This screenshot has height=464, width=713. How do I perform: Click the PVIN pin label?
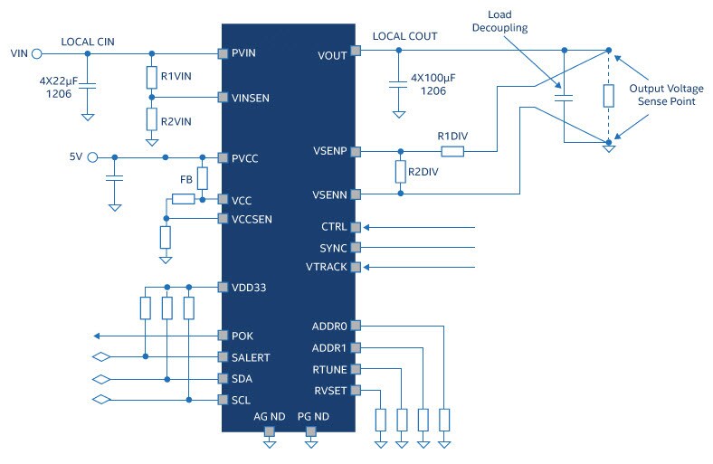tap(244, 53)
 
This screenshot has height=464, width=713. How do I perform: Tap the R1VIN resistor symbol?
tap(151, 77)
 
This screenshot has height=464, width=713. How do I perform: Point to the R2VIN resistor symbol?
tap(151, 119)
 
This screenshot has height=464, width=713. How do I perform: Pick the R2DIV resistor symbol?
tap(398, 172)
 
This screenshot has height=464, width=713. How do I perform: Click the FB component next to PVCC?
tap(202, 178)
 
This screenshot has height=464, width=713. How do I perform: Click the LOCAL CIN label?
tap(88, 41)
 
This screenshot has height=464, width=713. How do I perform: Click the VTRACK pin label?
tap(327, 267)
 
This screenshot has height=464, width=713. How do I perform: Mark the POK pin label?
tap(242, 335)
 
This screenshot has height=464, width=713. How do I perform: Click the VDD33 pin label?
tap(247, 288)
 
